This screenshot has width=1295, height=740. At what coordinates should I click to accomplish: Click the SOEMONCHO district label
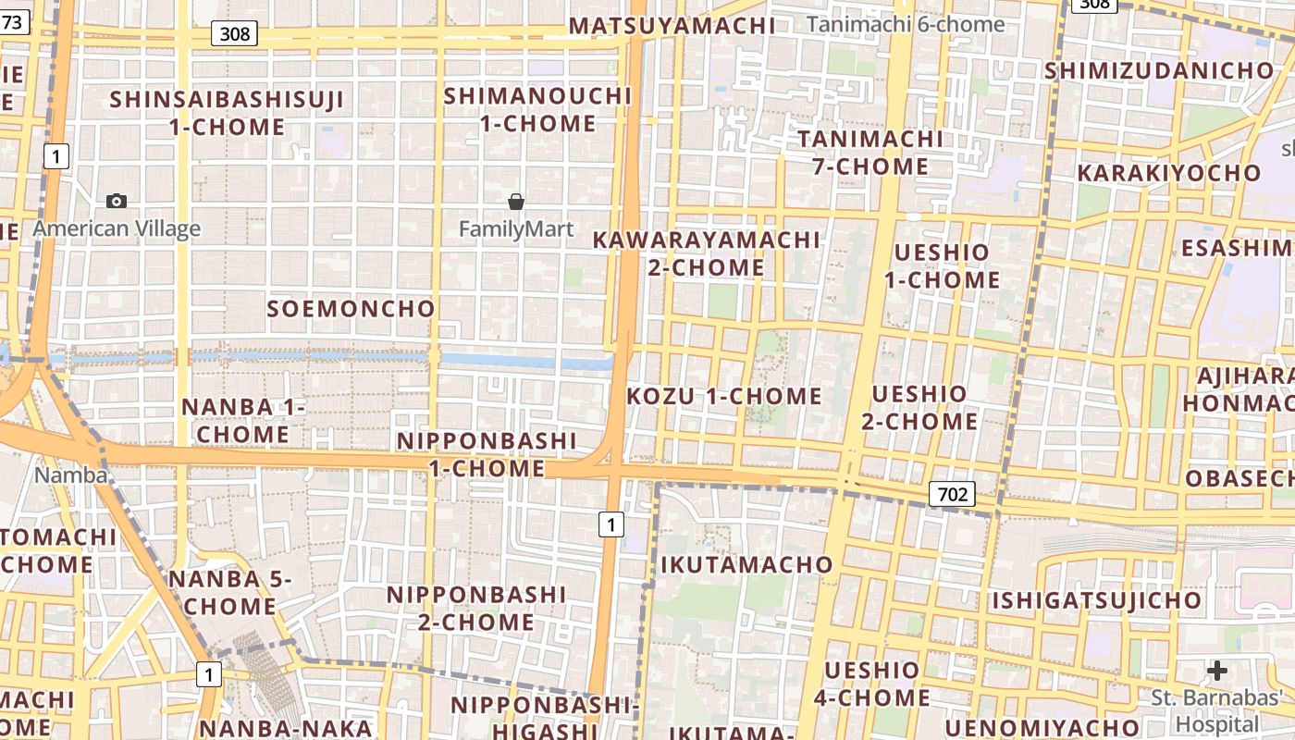pyautogui.click(x=351, y=309)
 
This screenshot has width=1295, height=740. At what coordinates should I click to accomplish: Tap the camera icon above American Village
pyautogui.click(x=117, y=201)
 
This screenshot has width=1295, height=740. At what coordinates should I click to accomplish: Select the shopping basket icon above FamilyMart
pyautogui.click(x=516, y=201)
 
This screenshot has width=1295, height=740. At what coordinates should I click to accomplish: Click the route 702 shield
pyautogui.click(x=952, y=494)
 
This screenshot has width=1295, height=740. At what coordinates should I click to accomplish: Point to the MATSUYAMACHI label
pyautogui.click(x=672, y=26)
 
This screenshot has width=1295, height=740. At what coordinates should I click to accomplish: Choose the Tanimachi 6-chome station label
pyautogui.click(x=906, y=24)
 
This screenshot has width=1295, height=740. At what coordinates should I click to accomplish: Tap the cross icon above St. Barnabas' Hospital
pyautogui.click(x=1217, y=670)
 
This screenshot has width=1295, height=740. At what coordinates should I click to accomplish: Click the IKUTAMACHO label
pyautogui.click(x=746, y=564)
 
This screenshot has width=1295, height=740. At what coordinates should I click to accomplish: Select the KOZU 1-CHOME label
pyautogui.click(x=724, y=397)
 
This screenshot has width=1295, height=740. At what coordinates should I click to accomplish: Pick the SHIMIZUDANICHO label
pyautogui.click(x=1159, y=70)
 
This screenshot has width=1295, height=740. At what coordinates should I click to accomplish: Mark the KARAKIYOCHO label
pyautogui.click(x=1168, y=173)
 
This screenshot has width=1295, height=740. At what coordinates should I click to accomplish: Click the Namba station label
pyautogui.click(x=70, y=475)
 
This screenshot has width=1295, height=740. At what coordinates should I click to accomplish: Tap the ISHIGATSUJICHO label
pyautogui.click(x=1097, y=601)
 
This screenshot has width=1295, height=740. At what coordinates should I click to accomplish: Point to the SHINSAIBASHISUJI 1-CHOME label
pyautogui.click(x=227, y=113)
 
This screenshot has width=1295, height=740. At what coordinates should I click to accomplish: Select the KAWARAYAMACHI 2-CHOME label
pyautogui.click(x=706, y=253)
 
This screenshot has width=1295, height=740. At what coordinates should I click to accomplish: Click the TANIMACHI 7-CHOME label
pyautogui.click(x=870, y=153)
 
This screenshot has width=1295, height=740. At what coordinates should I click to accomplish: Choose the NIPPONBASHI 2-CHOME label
pyautogui.click(x=475, y=608)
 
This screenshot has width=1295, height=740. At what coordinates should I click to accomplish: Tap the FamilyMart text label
pyautogui.click(x=516, y=228)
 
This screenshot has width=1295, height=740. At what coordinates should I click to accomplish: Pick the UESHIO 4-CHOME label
pyautogui.click(x=871, y=684)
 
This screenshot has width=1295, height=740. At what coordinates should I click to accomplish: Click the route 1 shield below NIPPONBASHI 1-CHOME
pyautogui.click(x=610, y=525)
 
